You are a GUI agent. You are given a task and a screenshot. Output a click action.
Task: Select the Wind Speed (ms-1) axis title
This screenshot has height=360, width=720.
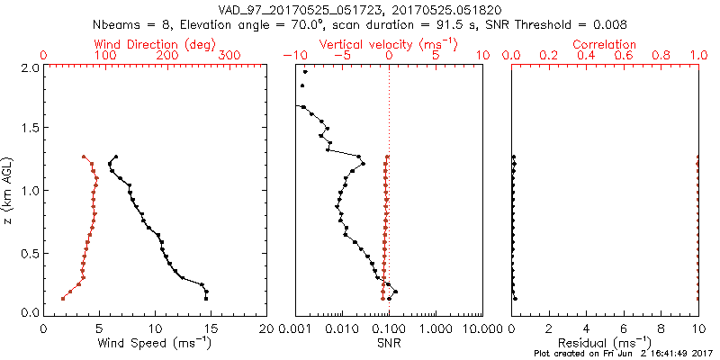[x=156, y=343]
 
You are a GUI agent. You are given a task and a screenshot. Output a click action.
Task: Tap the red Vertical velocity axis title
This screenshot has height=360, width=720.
[x=388, y=43]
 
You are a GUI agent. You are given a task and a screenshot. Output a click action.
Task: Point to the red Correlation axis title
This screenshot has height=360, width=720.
[x=605, y=43]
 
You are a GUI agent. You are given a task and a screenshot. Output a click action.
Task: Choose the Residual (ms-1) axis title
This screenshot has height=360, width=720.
[x=605, y=343]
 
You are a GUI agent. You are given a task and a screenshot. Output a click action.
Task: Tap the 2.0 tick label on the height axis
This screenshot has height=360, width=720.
[x=29, y=67]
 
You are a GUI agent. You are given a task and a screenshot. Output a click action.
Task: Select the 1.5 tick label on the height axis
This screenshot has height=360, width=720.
[x=29, y=129]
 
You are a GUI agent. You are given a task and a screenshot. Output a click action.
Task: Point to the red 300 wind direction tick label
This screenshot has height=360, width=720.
[x=229, y=56]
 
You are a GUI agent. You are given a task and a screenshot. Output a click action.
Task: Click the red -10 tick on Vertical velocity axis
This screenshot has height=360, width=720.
[x=291, y=56]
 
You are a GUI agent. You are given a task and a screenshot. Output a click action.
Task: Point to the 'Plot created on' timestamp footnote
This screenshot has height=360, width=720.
[x=622, y=354]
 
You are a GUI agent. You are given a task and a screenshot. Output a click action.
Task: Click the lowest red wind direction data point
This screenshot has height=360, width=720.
[x=62, y=298]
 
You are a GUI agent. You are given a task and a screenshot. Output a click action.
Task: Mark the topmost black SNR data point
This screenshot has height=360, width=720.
[x=306, y=72]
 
